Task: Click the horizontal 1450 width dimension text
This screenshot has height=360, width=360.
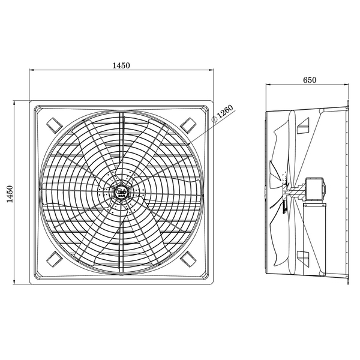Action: coord(121,65)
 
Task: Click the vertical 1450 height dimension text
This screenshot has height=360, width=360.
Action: coord(10,194)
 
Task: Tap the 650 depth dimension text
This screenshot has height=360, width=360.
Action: coord(310,80)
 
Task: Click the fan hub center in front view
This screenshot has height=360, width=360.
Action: coord(121,192)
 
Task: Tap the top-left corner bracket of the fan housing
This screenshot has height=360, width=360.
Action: coord(55,125)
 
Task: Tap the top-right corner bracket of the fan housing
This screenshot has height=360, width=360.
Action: coord(188,125)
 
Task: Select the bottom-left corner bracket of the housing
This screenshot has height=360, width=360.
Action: coord(55,259)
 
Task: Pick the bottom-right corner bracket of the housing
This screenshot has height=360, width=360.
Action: coord(188,259)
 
